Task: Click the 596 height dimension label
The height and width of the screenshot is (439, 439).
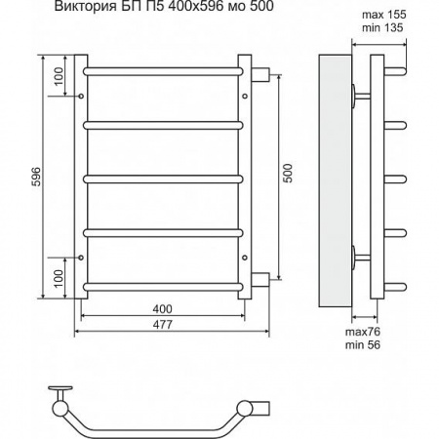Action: point(37,177)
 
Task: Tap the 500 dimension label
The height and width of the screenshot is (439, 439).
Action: point(288,174)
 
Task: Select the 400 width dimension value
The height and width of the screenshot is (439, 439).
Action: point(163,309)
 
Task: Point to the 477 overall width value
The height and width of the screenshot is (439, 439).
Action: point(163,325)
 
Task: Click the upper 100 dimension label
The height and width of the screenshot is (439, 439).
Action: point(59,76)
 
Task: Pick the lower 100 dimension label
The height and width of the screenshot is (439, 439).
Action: point(59,279)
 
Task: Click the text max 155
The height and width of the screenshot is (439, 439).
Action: point(384,15)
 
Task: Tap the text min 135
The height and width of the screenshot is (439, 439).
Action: point(382,27)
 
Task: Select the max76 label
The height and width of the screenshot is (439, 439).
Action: point(363,332)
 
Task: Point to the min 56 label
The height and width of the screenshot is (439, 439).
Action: point(363,344)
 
